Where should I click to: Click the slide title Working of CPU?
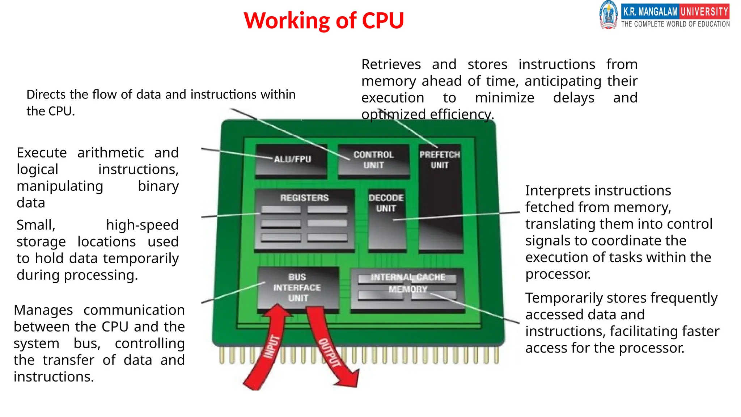coord(323,20)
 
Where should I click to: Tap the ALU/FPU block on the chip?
coord(292,160)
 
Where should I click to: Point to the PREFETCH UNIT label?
coord(440,160)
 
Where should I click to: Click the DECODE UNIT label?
coord(386,203)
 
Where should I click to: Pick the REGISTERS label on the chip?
coord(304,198)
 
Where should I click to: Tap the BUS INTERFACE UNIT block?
coord(297,288)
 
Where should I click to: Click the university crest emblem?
coord(609,15)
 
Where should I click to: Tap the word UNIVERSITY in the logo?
coord(704,12)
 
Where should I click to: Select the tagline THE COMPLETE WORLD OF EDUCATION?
coord(676,24)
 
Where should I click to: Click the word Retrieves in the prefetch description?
coord(391,64)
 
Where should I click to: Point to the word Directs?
coord(46,94)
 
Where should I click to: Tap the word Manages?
coord(43,310)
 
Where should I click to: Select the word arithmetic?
coord(110,153)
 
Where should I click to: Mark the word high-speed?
coord(142,225)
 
